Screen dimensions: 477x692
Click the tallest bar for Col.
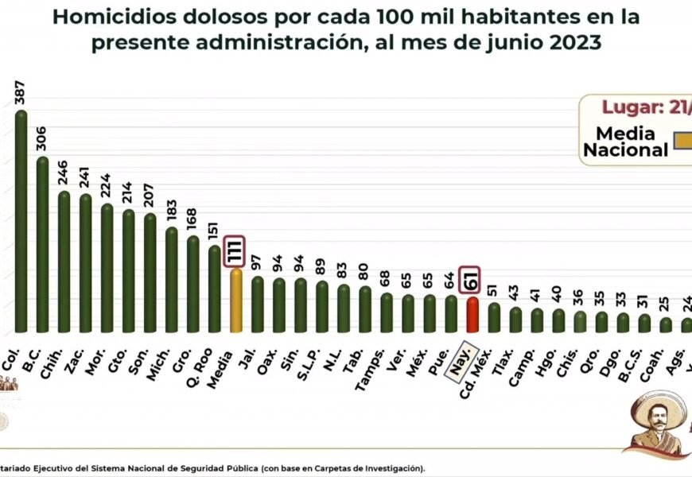pyautogui.click(x=21, y=223)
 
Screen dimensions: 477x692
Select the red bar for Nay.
pyautogui.click(x=472, y=315)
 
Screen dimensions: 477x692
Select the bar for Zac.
pyautogui.click(x=85, y=262)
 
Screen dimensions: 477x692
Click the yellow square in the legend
pyautogui.click(x=682, y=141)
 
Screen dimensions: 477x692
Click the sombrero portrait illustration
pyautogui.click(x=656, y=422)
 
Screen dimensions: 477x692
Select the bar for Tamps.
pyautogui.click(x=386, y=312)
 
